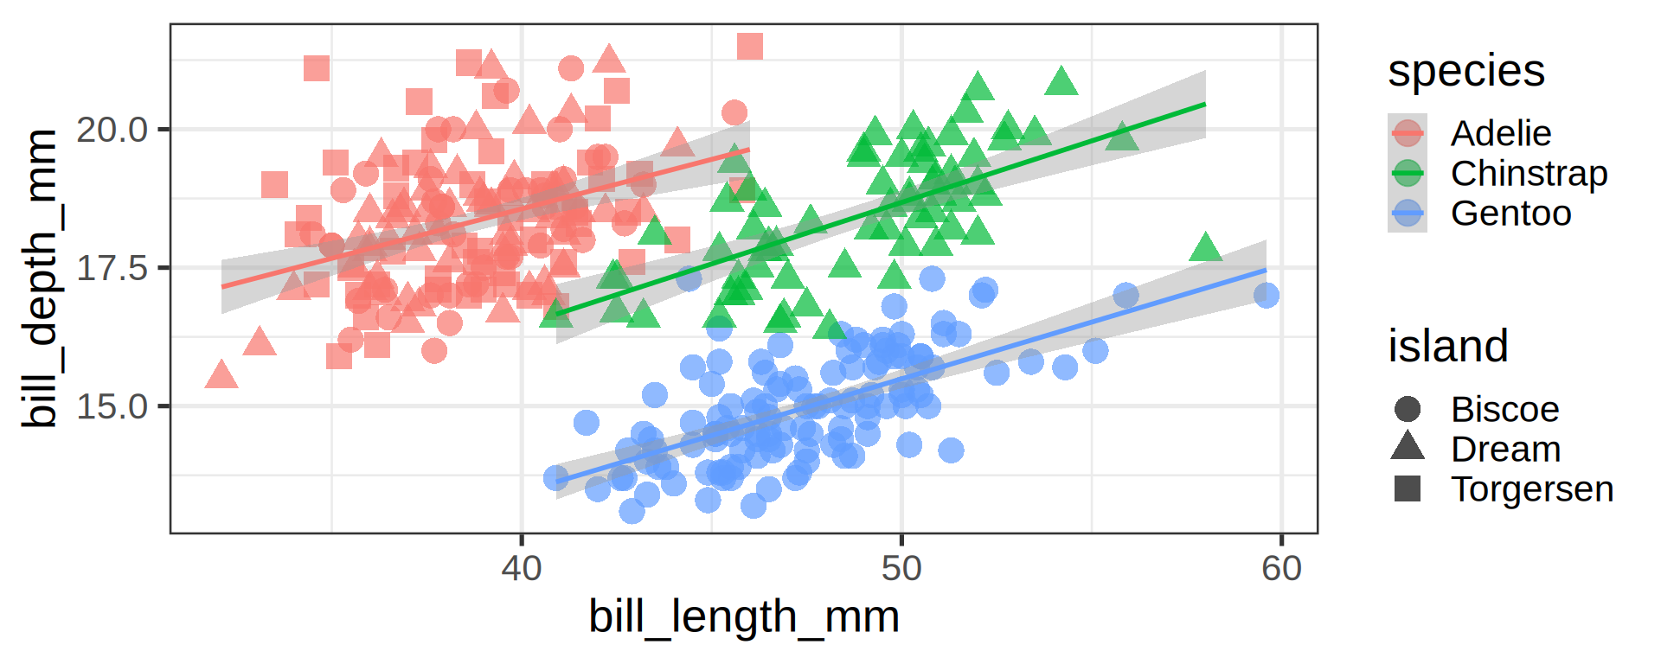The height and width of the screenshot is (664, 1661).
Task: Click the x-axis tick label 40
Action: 521,569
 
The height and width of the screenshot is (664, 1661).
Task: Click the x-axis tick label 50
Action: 901,569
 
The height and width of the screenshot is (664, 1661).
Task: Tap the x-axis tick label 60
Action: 1281,569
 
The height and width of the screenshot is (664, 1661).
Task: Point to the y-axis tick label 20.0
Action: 112,130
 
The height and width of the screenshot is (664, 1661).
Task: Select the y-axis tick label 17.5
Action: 112,268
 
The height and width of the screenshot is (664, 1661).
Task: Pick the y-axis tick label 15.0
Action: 112,406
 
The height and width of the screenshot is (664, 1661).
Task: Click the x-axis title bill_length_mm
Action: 744,617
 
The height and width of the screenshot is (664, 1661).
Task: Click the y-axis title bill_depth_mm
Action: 40,278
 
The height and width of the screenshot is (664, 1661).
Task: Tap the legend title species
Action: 1466,71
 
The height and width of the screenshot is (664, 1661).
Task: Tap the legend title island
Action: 1448,347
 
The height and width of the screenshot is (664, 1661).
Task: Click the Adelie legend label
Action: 1501,133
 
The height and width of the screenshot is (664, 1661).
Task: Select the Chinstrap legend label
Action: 1529,173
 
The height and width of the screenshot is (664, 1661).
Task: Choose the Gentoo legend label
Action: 1510,213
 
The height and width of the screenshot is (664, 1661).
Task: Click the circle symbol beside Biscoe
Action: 1408,409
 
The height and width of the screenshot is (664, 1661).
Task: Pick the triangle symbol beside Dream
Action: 1408,447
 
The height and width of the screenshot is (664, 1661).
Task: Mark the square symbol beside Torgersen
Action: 1408,488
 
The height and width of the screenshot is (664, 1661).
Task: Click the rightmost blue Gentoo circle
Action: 1266,296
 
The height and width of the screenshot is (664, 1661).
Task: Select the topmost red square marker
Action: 750,47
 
